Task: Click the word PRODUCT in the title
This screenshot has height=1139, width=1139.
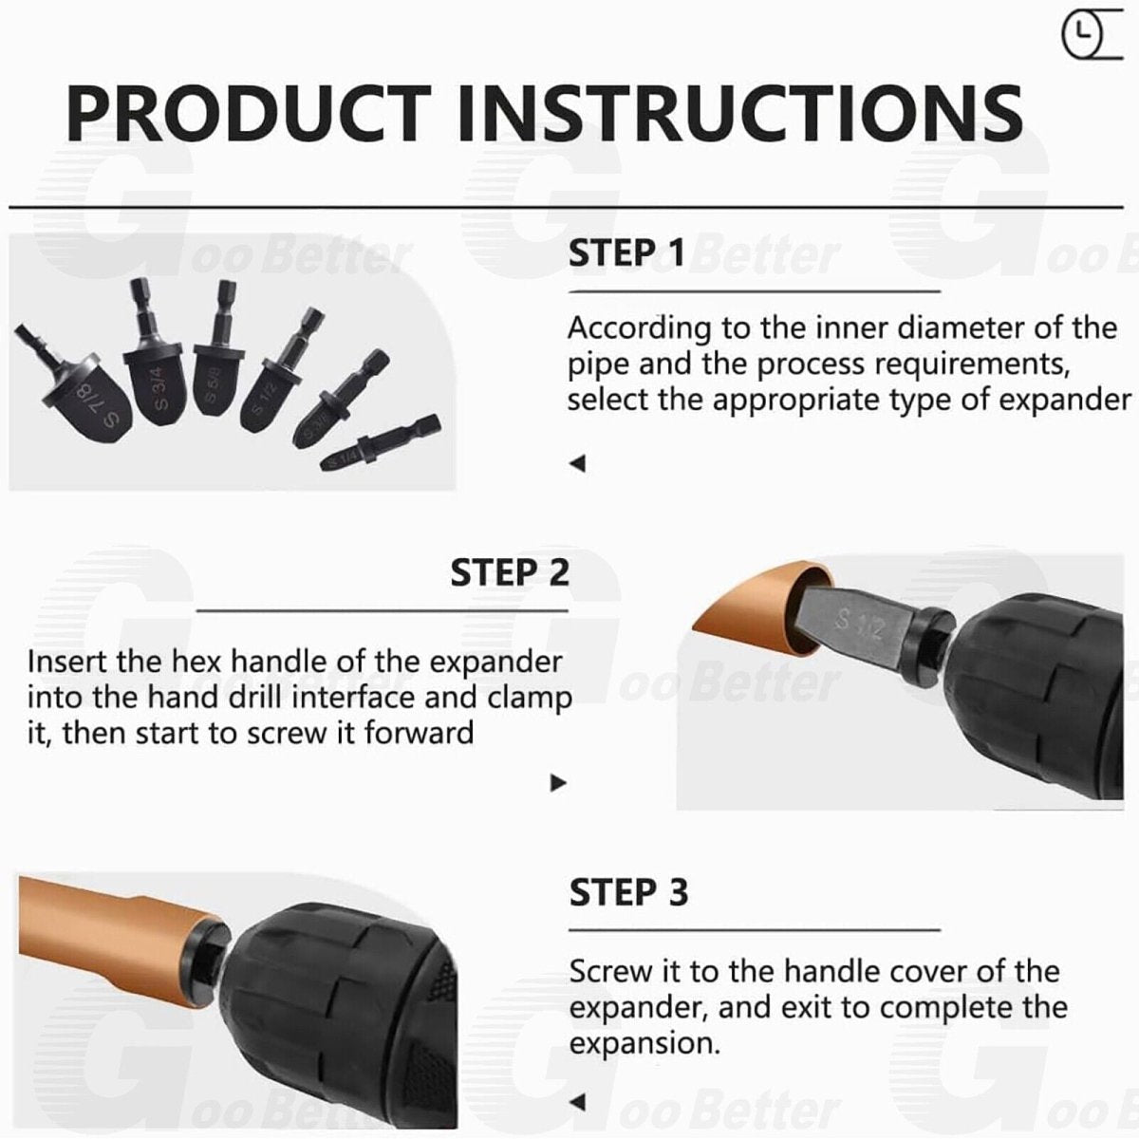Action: [x=250, y=113]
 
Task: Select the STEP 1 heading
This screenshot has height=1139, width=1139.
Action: [x=626, y=252]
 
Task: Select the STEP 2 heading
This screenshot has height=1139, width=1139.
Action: [x=510, y=572]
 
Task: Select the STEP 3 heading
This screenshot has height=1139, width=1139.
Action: [x=628, y=892]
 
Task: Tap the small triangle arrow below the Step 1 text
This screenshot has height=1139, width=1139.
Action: [x=577, y=463]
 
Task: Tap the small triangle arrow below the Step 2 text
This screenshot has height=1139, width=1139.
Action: [x=558, y=782]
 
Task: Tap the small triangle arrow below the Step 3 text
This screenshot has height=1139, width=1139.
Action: [x=577, y=1102]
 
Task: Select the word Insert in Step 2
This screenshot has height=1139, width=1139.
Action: [x=66, y=662]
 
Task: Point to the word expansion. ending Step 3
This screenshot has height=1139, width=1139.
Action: [x=644, y=1044]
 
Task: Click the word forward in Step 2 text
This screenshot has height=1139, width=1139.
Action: [x=419, y=734]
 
